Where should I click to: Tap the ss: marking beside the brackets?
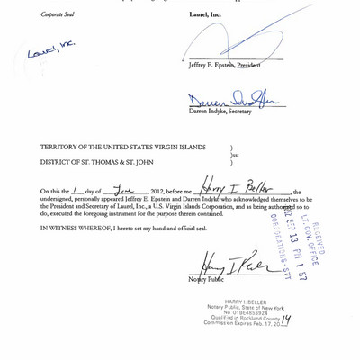click(236, 155)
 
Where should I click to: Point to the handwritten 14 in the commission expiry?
click(286, 319)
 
